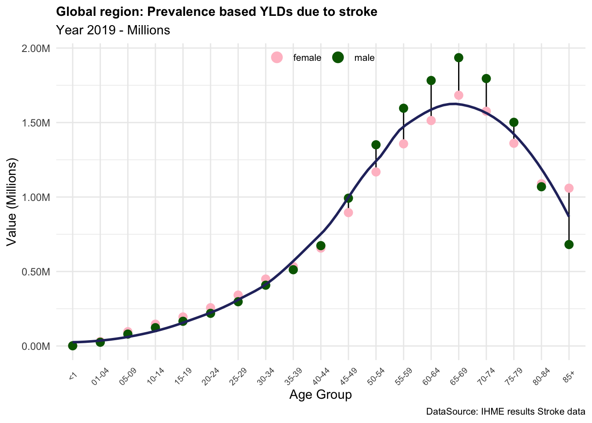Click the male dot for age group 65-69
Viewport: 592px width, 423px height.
(459, 58)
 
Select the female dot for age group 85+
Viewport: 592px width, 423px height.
(569, 188)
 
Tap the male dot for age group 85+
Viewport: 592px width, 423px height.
(569, 245)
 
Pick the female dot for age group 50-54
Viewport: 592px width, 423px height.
(376, 172)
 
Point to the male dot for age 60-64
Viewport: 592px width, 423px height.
(431, 80)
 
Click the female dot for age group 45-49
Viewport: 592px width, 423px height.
(348, 213)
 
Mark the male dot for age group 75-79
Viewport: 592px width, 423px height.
(514, 122)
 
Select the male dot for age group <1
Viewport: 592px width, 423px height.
(73, 346)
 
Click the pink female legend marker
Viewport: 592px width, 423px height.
(277, 58)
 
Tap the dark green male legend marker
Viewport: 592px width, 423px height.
(338, 58)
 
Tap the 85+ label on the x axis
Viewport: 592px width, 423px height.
(569, 373)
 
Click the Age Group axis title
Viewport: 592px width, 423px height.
(320, 395)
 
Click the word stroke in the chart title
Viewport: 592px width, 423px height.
(357, 12)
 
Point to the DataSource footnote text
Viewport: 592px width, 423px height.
(505, 412)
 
